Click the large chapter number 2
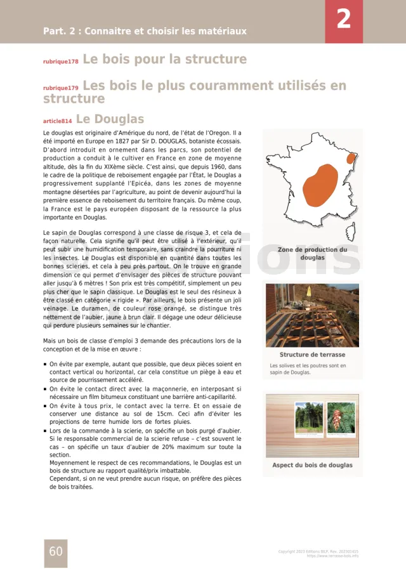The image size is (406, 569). tap(343, 20)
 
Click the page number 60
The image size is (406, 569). tap(56, 551)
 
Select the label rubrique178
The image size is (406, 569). tap(61, 62)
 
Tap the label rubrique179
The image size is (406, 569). tap(61, 88)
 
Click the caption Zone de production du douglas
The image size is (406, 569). tap(312, 254)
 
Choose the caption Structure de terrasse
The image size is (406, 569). tap(312, 355)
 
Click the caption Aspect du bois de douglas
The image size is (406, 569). tap(312, 465)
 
